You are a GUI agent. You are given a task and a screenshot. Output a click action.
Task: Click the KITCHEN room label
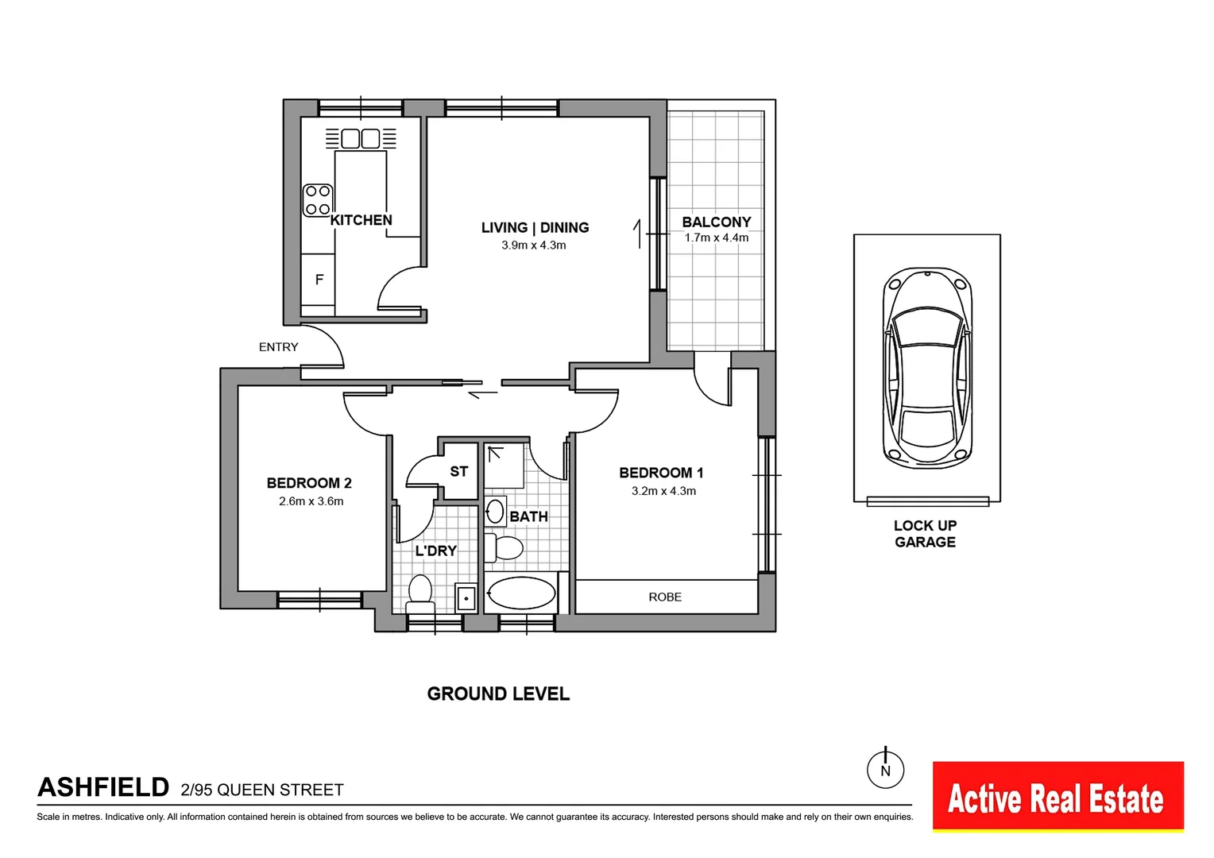(361, 220)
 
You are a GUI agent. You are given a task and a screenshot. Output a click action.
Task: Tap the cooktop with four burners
(318, 200)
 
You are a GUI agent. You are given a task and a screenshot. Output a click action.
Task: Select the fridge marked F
(319, 280)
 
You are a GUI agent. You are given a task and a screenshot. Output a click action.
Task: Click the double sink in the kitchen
(361, 138)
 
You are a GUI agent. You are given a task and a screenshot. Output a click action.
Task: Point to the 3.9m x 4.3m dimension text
(533, 245)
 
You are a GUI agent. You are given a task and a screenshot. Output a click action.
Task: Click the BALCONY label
(716, 222)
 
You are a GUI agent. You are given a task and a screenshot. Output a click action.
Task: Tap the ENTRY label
(278, 347)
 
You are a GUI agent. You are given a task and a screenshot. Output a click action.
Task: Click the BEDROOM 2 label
(309, 483)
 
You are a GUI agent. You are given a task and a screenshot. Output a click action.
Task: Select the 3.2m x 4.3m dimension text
(663, 491)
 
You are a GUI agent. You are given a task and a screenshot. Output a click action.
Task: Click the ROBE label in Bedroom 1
(665, 597)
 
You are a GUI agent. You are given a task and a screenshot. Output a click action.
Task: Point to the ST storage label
(458, 472)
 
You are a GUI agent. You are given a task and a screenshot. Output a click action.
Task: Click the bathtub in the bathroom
(521, 593)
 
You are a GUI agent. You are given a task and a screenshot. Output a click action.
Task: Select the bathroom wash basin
(496, 512)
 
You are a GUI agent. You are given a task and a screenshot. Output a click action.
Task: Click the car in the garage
(927, 367)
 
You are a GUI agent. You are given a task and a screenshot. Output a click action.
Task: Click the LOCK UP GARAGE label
(925, 534)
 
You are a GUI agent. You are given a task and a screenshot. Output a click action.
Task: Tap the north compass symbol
(885, 769)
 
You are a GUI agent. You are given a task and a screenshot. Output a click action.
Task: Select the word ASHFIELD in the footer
(103, 787)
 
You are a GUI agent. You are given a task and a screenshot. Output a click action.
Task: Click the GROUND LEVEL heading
(498, 694)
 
